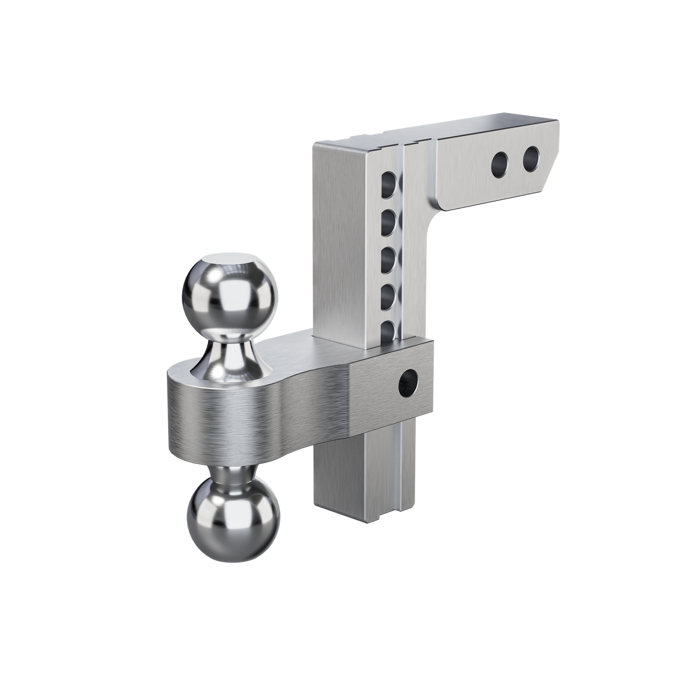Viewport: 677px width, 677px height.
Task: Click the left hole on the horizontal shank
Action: coord(500,163)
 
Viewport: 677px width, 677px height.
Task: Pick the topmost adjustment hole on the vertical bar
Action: coord(390,182)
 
